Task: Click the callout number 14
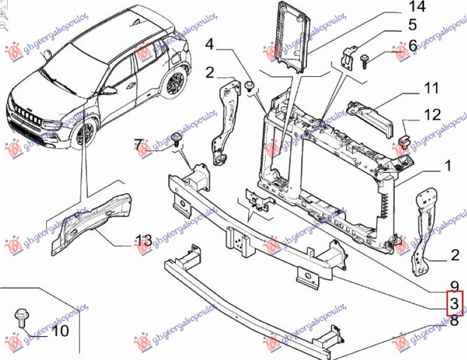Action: click(x=417, y=7)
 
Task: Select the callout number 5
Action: click(x=413, y=25)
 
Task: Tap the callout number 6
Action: click(x=413, y=45)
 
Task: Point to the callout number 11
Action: click(x=431, y=89)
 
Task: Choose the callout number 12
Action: click(x=433, y=116)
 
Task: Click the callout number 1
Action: click(x=448, y=166)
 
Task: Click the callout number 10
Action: click(x=60, y=331)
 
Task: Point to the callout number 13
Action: click(x=144, y=240)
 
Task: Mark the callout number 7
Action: click(x=138, y=144)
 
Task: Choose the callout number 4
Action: click(x=210, y=45)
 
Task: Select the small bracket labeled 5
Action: click(x=348, y=58)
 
